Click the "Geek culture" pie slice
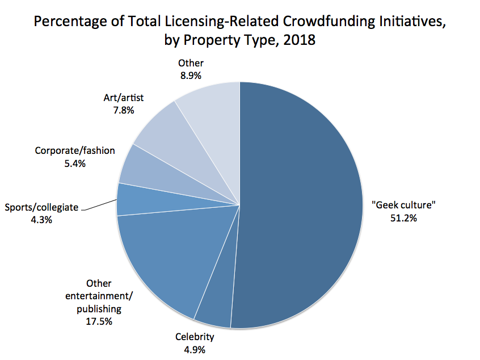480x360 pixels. click(300, 206)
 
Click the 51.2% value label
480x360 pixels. click(403, 218)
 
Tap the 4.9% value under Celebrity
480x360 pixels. click(195, 350)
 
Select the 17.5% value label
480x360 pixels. click(99, 321)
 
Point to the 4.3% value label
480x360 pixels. click(41, 220)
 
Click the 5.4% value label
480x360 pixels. click(75, 164)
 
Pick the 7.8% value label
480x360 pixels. click(124, 110)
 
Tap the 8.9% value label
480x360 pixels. click(191, 76)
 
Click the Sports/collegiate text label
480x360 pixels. click(41, 207)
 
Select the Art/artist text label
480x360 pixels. click(124, 98)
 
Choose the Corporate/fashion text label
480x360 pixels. click(75, 150)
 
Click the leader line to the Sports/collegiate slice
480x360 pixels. click(99, 204)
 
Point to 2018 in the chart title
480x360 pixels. click(299, 40)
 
